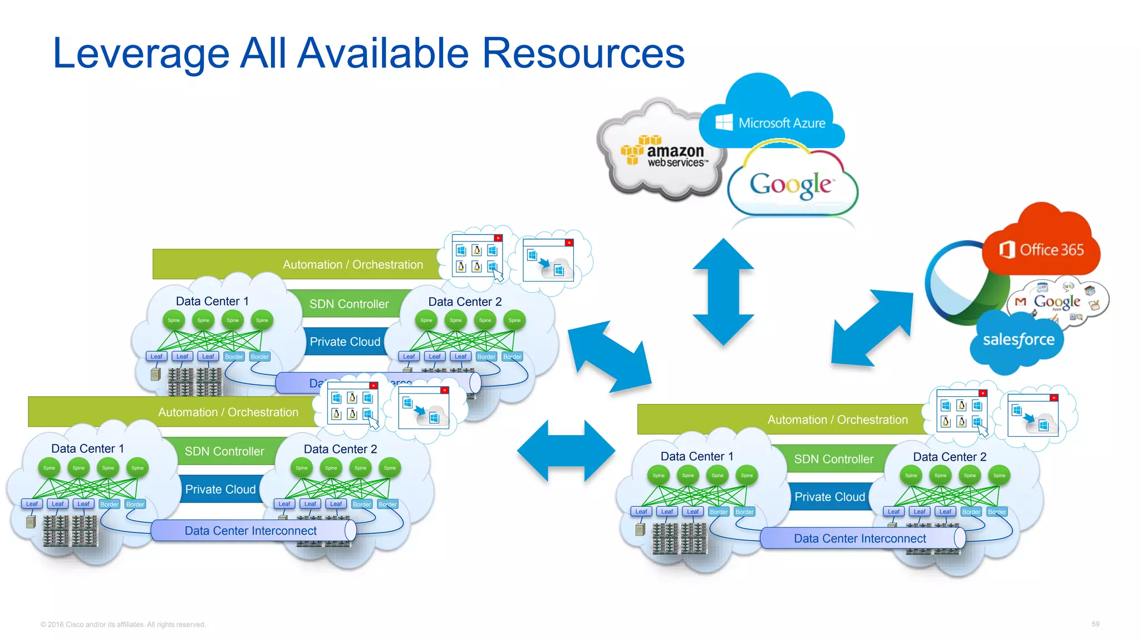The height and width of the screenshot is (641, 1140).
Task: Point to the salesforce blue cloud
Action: click(1018, 339)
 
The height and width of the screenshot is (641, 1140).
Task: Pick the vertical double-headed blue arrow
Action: click(723, 292)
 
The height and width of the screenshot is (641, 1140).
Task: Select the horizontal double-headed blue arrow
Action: click(566, 451)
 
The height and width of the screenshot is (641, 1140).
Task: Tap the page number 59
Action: click(1095, 624)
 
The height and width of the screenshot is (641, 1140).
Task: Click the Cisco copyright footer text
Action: click(123, 624)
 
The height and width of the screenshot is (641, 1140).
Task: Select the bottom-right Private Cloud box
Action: click(829, 497)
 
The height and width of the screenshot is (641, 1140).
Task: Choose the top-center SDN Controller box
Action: click(349, 304)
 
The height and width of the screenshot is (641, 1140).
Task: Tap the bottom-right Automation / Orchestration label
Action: click(837, 420)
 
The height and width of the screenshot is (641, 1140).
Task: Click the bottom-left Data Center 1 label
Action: click(87, 448)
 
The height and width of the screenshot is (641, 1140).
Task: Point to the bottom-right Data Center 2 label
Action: click(949, 457)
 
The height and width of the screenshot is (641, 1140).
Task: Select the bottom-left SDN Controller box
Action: click(224, 451)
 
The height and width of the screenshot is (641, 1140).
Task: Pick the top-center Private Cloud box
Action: click(345, 342)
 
